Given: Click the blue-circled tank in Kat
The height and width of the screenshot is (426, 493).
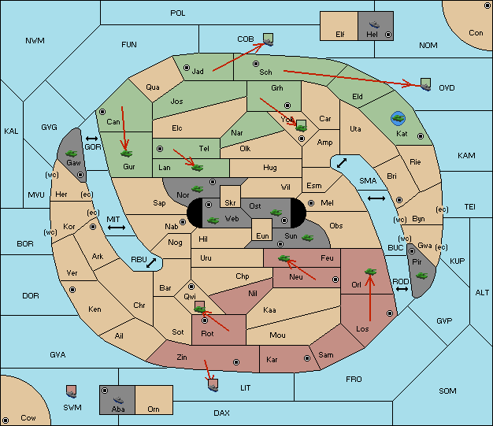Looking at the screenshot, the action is (x=398, y=119).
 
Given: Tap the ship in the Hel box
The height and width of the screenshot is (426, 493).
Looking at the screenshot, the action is (x=374, y=24).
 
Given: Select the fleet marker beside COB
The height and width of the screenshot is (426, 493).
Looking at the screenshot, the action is (x=269, y=39).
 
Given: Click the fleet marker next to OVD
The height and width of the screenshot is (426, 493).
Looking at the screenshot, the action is (x=426, y=84).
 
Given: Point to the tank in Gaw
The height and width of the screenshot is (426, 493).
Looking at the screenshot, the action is (x=72, y=154).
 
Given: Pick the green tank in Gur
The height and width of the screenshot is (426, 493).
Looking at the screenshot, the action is (x=126, y=154).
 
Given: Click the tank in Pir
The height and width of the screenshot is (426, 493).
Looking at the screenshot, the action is (x=421, y=276).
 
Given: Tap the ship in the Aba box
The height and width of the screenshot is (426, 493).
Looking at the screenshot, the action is (x=118, y=400).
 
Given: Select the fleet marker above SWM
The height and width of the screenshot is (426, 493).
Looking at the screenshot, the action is (x=72, y=391).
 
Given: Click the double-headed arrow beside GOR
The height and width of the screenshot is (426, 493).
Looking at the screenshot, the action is (x=92, y=139).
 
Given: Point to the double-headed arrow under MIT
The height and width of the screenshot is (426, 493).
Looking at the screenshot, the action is (x=117, y=228).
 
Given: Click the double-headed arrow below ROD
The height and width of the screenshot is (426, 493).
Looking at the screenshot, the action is (x=402, y=289).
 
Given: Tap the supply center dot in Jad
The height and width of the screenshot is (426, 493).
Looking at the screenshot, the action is (x=187, y=68).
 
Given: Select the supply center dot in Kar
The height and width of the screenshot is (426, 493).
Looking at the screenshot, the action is (x=307, y=358).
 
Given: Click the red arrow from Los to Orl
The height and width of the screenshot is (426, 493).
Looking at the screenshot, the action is (x=370, y=298).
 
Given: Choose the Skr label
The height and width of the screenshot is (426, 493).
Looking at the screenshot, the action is (x=230, y=203).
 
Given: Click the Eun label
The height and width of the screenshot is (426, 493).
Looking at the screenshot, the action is (x=262, y=236).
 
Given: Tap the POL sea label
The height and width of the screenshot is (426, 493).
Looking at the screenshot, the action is (x=178, y=13).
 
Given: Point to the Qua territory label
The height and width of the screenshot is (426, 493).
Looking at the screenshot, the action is (x=153, y=87).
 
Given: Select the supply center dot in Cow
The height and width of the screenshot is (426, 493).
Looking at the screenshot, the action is (x=6, y=420).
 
